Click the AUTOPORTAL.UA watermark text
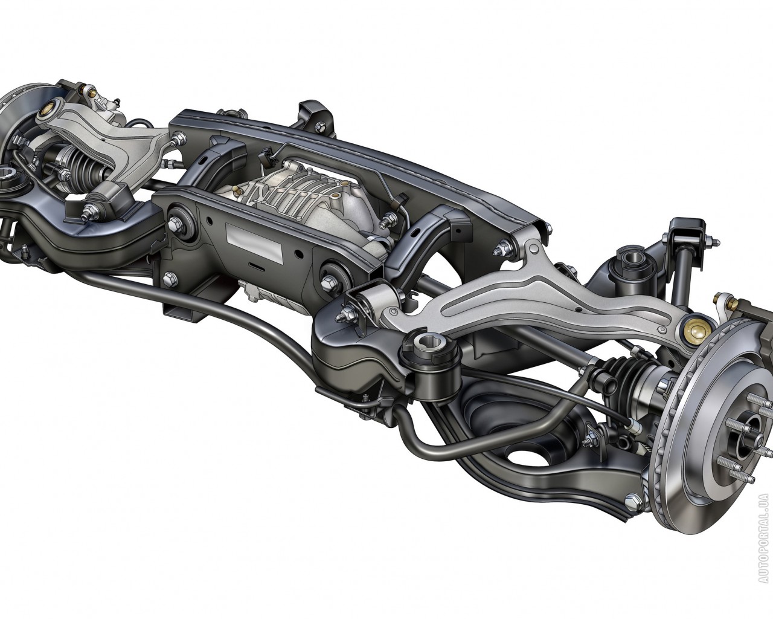[764, 543]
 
